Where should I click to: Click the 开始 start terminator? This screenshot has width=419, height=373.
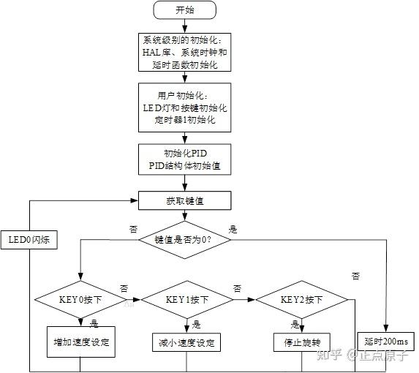point(185,10)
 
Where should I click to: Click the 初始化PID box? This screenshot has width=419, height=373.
point(185,159)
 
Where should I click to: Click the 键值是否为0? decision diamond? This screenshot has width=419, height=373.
point(185,239)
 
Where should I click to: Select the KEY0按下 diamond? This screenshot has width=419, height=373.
point(80,300)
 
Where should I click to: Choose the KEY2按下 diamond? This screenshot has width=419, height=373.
point(301,300)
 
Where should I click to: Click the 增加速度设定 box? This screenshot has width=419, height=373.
point(81,342)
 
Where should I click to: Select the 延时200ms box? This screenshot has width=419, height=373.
point(386,342)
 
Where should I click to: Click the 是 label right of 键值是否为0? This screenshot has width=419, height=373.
point(233,229)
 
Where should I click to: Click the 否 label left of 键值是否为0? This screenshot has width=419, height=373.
point(133,229)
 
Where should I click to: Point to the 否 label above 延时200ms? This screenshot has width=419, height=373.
point(355,276)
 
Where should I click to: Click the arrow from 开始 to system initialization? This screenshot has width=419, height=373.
point(185,26)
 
